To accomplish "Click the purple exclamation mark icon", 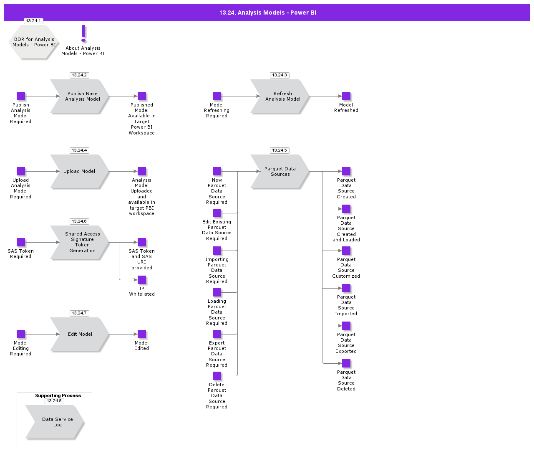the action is [83, 33].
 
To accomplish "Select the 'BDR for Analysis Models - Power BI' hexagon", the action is [33, 42].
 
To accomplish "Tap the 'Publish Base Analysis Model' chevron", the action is [80, 96].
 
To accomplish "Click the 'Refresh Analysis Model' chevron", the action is [280, 96].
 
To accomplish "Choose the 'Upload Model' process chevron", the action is [80, 171].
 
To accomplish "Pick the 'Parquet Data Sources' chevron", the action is [280, 171].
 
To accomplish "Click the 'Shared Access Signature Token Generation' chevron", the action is [80, 242].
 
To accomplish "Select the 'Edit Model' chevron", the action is [80, 334].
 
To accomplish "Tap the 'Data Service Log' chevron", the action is [55, 422].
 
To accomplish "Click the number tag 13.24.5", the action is [280, 150].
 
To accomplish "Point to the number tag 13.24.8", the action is [54, 401].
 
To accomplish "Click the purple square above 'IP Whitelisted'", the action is [142, 280].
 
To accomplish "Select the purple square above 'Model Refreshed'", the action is [346, 96].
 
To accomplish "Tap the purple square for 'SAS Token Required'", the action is [21, 242].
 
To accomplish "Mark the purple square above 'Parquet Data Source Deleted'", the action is [346, 363].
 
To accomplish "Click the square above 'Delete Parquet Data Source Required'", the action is [217, 376].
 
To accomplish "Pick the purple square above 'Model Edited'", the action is [142, 334].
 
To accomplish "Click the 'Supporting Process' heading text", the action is [58, 395].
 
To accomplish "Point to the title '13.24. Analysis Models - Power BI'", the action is [268, 13].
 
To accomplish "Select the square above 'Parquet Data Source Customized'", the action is [346, 251].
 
